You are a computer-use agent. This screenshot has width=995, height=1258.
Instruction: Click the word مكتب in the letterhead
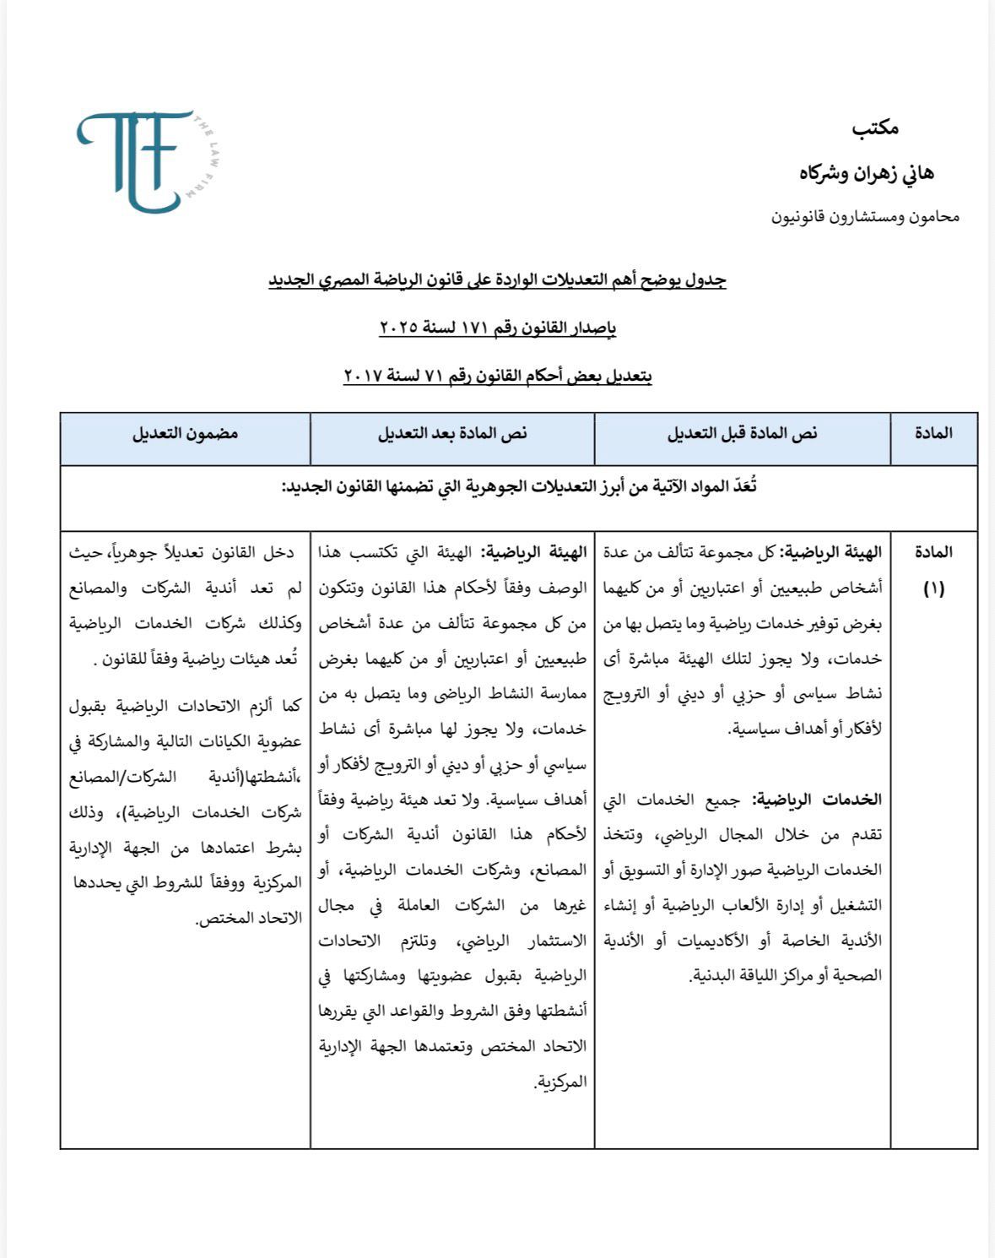874,128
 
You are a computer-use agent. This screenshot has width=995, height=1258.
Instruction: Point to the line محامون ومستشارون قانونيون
865,217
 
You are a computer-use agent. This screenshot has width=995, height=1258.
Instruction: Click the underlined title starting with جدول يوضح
497,279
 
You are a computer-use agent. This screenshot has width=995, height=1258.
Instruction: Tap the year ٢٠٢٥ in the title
399,328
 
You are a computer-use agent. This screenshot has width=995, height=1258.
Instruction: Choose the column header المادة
933,433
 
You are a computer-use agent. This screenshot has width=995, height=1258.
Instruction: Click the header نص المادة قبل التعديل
742,434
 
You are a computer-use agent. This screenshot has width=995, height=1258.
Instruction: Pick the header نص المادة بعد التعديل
452,434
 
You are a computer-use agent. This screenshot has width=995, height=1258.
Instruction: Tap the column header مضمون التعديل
185,434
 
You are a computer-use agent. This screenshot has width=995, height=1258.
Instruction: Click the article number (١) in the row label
933,588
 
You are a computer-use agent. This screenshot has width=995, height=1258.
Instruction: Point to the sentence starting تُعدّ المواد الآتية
519,487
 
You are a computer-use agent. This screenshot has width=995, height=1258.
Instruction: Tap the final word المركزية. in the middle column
560,1082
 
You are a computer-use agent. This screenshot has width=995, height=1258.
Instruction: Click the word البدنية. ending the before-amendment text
712,976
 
